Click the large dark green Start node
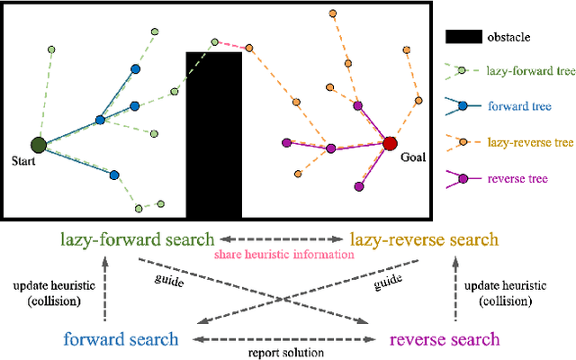(39, 144)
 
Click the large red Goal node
(390, 143)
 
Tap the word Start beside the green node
(25, 163)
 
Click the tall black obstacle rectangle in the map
(213, 135)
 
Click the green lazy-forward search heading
(137, 240)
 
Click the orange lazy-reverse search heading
(422, 240)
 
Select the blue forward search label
(120, 339)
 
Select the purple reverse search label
(444, 339)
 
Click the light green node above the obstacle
(215, 41)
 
